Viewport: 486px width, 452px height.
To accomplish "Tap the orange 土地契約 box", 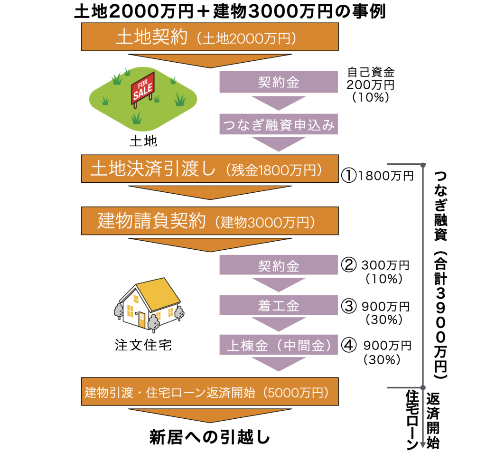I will [x=210, y=37].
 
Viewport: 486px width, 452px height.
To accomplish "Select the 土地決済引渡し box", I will [x=210, y=169].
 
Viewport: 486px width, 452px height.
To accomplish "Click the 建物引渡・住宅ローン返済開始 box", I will [x=210, y=392].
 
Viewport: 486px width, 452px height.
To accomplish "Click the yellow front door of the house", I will [x=142, y=320].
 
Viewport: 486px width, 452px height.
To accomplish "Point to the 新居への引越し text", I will [x=210, y=435].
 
